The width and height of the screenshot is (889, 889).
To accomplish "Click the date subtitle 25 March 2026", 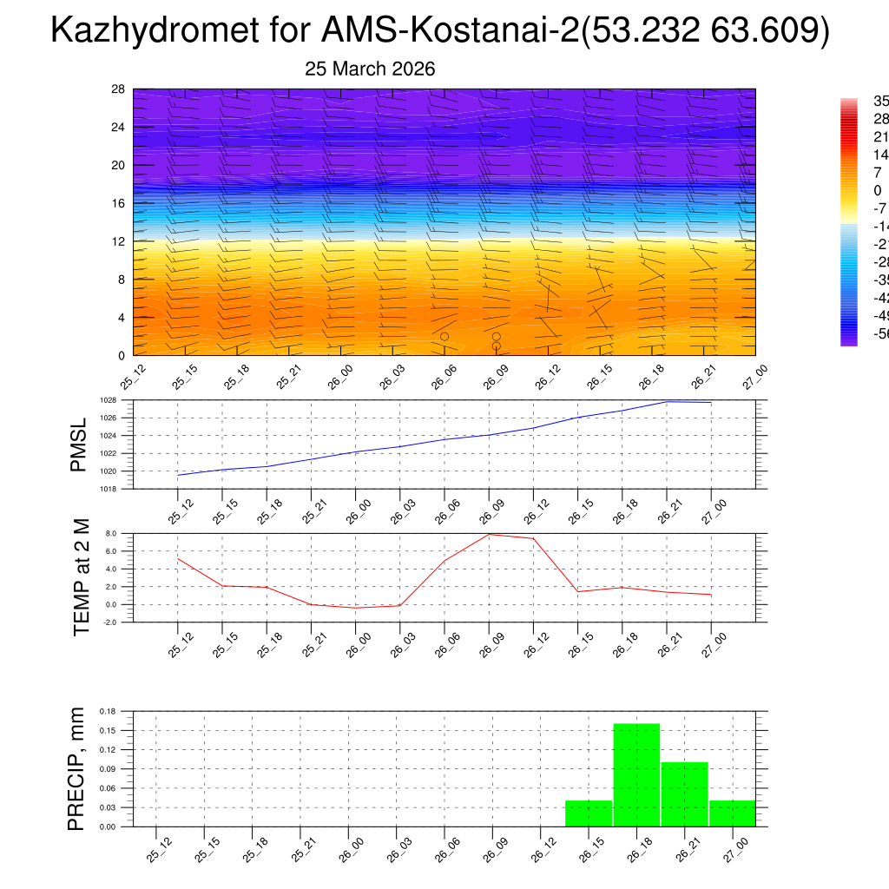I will (x=370, y=69).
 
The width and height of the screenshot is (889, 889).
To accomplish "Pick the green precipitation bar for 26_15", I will (x=589, y=813).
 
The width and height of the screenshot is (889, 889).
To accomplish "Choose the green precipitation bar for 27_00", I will (x=732, y=813).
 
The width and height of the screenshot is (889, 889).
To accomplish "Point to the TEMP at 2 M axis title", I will (x=82, y=576).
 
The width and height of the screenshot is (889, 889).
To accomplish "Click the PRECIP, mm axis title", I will (x=77, y=768).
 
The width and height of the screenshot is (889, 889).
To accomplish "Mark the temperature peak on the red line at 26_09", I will (x=490, y=534).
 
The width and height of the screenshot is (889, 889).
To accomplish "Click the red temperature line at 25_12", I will (x=178, y=558).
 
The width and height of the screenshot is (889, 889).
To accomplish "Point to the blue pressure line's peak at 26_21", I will (x=667, y=401).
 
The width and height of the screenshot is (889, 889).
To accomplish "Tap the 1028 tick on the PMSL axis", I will (x=108, y=400).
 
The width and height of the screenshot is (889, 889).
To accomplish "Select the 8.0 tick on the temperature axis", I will (x=110, y=534).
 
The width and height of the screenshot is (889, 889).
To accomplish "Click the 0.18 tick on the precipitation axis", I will (x=107, y=711).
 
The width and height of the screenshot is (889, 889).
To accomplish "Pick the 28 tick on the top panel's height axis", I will (x=119, y=89).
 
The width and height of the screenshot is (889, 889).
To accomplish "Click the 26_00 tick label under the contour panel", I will (x=340, y=379).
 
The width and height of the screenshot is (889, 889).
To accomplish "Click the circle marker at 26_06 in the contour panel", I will (x=444, y=336).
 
